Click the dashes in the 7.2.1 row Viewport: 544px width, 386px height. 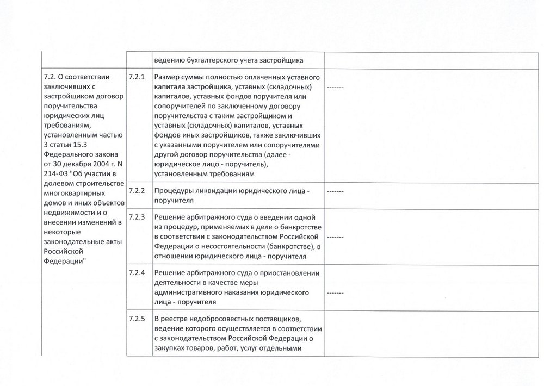point(335,87)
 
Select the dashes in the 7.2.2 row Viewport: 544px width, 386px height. point(335,192)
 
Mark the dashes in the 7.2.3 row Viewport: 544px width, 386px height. point(335,238)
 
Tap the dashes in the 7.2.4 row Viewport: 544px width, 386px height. point(335,292)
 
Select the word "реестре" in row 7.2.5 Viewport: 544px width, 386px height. point(180,318)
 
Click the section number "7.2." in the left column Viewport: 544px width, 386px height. point(49,77)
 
